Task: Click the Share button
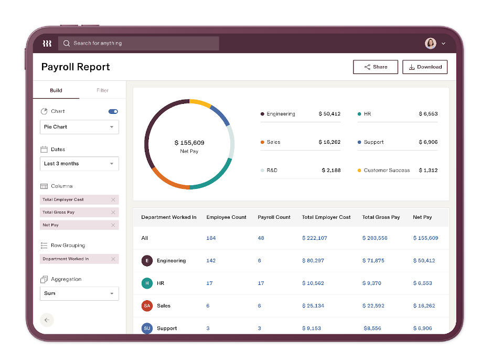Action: (x=375, y=67)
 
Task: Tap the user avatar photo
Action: (x=430, y=44)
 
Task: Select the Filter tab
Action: (x=102, y=90)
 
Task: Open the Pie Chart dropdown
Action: (x=79, y=127)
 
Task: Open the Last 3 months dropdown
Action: (x=79, y=164)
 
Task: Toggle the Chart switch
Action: (x=113, y=111)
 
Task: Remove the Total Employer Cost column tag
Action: (x=113, y=199)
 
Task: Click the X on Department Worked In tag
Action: (x=113, y=259)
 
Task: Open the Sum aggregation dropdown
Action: (x=79, y=293)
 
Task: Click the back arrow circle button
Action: (x=47, y=320)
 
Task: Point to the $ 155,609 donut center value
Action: (x=189, y=143)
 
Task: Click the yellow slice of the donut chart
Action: (x=200, y=103)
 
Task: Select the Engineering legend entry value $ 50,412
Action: (x=329, y=114)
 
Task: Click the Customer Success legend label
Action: (x=387, y=171)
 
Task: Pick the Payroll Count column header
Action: (x=274, y=217)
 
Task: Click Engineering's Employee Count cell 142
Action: (x=211, y=261)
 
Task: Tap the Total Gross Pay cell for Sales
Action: (x=373, y=306)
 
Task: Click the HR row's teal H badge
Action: (x=147, y=283)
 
